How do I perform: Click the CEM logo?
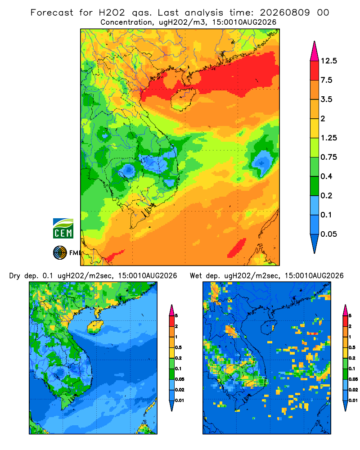(63, 229)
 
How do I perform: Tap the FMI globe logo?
(60, 253)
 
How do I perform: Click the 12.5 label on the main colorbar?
(329, 61)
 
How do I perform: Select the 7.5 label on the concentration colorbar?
(326, 80)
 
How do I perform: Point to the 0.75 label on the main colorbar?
(328, 157)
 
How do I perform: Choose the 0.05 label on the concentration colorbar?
(328, 234)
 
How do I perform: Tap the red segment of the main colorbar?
(315, 71)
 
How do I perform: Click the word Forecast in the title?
(52, 13)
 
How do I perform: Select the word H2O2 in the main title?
(112, 13)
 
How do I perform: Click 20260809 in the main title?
(285, 13)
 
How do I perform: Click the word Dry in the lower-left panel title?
(15, 276)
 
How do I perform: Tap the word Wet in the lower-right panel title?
(196, 276)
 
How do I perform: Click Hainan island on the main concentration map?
(183, 99)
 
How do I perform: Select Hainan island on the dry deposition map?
(95, 328)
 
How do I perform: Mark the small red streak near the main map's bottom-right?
(237, 247)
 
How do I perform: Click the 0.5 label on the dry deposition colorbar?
(178, 347)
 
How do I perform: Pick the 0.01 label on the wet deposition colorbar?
(353, 400)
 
